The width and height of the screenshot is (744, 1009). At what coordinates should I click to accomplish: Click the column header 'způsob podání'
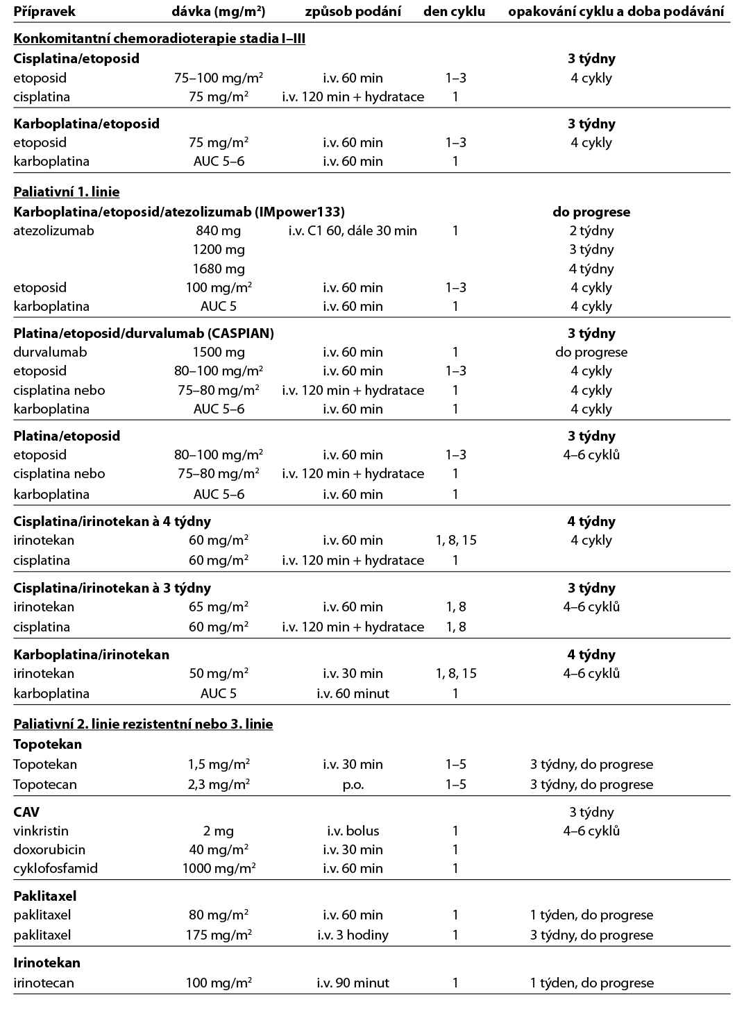(353, 11)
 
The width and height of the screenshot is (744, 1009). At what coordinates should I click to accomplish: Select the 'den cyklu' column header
(455, 11)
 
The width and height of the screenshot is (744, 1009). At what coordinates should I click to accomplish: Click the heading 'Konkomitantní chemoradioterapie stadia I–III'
(160, 39)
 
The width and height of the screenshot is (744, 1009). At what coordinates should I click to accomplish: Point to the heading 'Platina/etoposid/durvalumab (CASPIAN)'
(144, 333)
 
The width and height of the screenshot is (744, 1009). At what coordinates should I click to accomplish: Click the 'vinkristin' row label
(41, 831)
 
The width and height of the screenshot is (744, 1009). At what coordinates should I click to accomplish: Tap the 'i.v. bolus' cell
(353, 831)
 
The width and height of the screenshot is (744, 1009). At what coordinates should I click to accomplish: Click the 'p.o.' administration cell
(353, 784)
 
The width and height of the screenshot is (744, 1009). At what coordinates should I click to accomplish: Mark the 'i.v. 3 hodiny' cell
(353, 935)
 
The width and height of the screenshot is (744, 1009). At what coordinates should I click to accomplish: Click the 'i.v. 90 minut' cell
(353, 983)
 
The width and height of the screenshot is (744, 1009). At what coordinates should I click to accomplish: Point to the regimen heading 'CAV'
(26, 812)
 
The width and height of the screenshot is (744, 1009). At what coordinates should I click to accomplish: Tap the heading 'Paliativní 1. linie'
(67, 192)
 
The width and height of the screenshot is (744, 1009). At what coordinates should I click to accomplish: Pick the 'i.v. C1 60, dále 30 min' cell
(353, 230)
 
